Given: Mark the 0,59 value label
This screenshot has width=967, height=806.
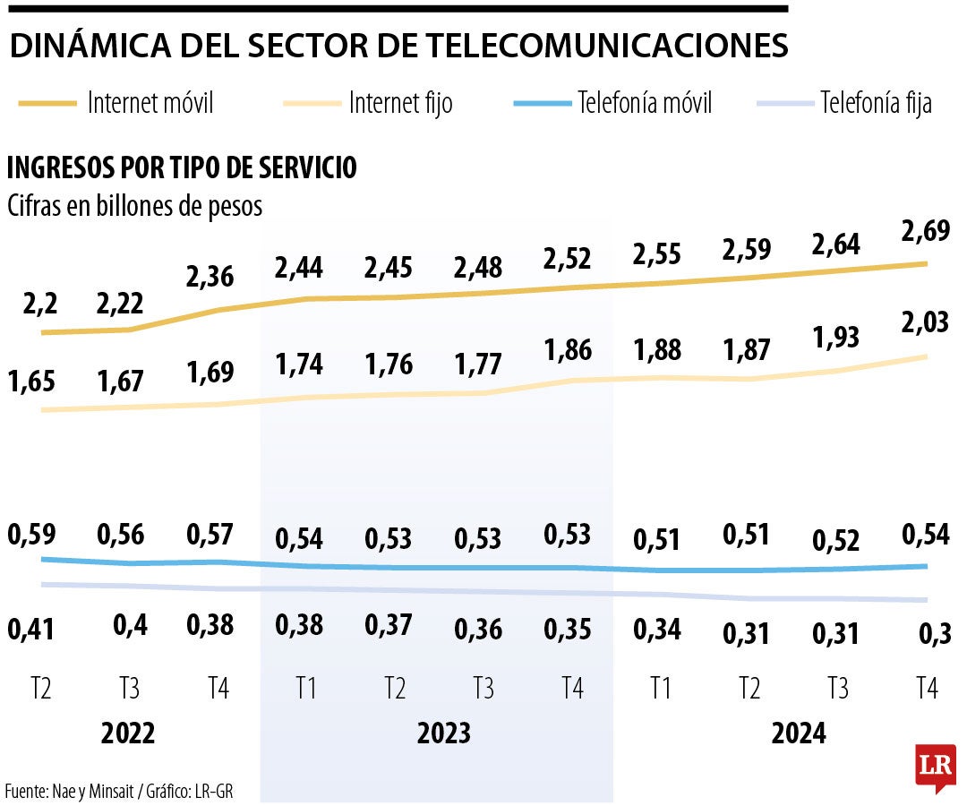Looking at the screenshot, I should [x=31, y=535].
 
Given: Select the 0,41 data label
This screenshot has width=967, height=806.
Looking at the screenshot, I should [x=31, y=629].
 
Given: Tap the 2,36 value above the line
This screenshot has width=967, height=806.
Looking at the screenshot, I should [x=210, y=276].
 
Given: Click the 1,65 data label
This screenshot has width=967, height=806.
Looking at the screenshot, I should [x=31, y=382].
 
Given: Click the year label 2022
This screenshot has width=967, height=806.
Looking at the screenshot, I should [x=128, y=734].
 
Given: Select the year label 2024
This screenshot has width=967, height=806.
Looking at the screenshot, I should [x=799, y=734].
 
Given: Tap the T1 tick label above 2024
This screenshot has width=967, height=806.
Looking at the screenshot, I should [x=661, y=689].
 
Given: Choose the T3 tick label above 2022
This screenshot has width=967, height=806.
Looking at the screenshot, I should [x=129, y=689].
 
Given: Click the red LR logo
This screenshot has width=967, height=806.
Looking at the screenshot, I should [x=935, y=767].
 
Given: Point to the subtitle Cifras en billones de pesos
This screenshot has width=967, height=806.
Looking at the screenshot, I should [x=135, y=206].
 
